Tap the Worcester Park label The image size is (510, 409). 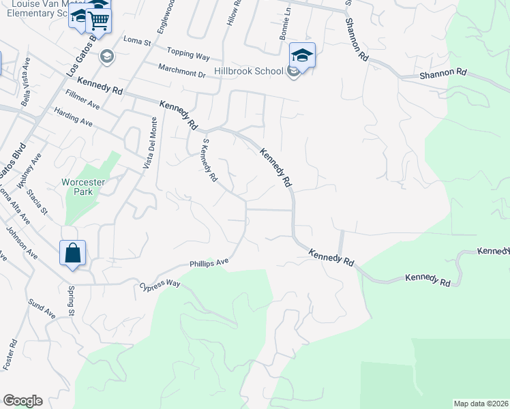tap(82, 187)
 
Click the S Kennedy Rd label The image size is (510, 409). tap(209, 161)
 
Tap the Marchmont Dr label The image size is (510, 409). tap(181, 70)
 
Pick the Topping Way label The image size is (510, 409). tap(187, 54)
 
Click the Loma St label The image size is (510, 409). tap(136, 41)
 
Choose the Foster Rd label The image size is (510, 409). tap(10, 354)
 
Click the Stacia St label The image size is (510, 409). tap(37, 203)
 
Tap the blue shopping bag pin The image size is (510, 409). tap(73, 254)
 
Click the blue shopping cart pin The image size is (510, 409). tap(99, 20)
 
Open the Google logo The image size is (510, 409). tap(22, 401)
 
